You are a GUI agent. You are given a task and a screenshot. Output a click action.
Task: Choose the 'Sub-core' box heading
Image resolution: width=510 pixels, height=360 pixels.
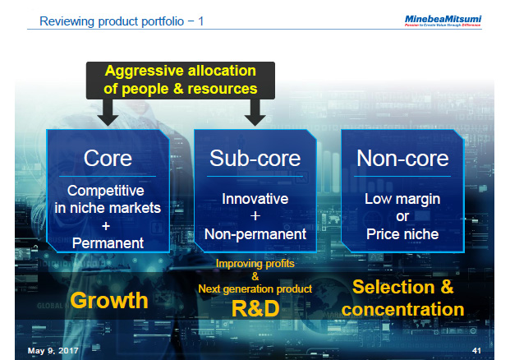255,158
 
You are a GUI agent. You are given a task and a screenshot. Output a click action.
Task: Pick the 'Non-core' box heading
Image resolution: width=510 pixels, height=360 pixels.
402,158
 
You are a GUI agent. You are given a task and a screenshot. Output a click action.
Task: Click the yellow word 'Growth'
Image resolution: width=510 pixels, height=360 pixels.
109,300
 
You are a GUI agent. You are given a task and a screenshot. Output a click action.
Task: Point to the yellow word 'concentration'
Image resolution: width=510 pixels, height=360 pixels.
402,309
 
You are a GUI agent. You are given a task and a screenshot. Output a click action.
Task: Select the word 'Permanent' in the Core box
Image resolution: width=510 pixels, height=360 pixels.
108,243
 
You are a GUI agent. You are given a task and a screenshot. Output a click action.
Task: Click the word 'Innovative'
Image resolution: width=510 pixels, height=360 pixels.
255,199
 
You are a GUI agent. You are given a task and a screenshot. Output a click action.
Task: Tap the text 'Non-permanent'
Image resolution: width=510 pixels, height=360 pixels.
255,234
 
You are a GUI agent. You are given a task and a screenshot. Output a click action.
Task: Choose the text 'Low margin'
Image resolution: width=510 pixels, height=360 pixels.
402,199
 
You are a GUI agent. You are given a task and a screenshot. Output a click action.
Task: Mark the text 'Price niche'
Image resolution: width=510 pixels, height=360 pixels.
402,234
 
